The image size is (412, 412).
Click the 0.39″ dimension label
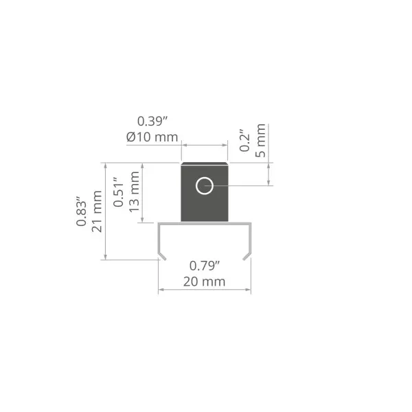point(152,122)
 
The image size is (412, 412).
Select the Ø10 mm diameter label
point(152,137)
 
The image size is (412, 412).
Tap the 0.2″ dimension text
point(244,140)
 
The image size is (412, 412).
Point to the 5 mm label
point(260,141)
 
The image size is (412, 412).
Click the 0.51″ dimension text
point(119,192)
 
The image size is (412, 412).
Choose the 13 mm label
point(134,192)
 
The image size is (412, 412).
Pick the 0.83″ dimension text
point(81,211)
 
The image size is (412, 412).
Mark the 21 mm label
point(97,211)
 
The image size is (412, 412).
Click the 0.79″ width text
point(205,266)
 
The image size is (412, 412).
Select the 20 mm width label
point(204,282)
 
